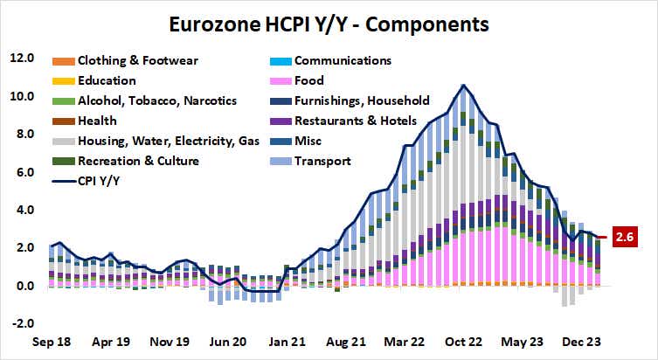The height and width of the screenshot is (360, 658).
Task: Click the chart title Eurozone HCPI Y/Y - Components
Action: click(329, 19)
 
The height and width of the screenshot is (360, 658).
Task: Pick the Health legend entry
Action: click(98, 121)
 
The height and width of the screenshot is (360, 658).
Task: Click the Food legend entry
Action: click(310, 81)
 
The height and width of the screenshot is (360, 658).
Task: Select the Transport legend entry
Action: click(322, 161)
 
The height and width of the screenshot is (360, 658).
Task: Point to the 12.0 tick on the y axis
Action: click(21, 59)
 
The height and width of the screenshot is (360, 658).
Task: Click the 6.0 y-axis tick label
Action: click(21, 172)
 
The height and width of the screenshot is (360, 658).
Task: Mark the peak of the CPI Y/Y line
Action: click(463, 85)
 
